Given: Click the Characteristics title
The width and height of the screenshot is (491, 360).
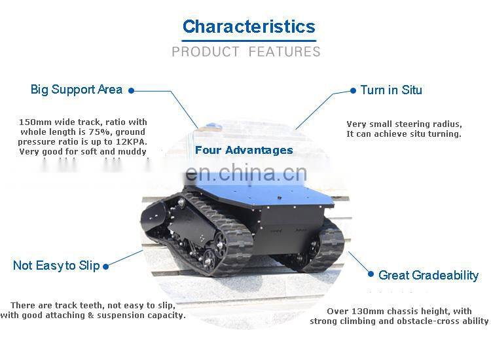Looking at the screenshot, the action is (249, 27).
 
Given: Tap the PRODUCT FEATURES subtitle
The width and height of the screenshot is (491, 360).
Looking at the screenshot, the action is (246, 52).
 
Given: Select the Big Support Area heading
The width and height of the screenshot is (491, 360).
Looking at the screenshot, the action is (77, 90).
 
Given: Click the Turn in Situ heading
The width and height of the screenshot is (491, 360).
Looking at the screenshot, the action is (391, 90).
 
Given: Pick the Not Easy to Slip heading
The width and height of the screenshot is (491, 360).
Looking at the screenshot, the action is (56, 266).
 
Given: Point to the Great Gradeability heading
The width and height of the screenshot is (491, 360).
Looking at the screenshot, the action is (428, 276).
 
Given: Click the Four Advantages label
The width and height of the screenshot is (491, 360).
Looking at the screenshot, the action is (244, 151).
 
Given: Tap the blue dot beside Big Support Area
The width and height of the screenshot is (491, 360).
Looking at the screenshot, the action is (131, 91).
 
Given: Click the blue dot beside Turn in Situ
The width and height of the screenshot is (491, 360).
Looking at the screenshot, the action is (354, 91).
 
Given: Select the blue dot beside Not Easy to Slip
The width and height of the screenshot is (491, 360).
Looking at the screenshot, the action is (105, 266).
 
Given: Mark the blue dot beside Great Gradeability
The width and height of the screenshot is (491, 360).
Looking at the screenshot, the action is (371, 275).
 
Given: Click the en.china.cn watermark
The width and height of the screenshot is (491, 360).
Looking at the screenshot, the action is (245, 173).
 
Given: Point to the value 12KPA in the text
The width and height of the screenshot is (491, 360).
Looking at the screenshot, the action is (132, 141).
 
